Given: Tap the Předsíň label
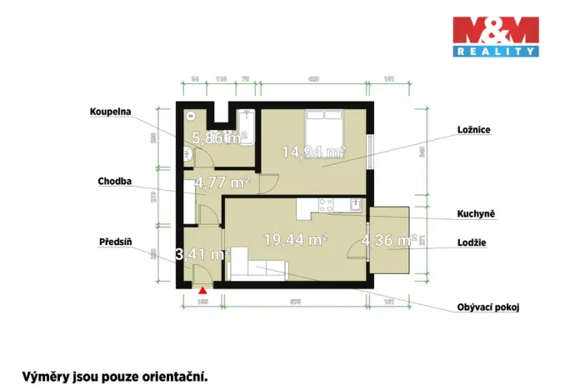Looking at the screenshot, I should tap(116, 242).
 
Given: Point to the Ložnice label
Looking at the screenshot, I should tap(472, 130).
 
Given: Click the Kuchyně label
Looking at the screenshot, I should tap(476, 213).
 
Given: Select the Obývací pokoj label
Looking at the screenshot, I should tap(488, 307).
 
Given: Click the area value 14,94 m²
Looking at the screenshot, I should tap(313, 151).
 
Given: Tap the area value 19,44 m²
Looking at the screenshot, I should tap(295, 239).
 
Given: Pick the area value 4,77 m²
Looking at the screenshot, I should tap(222, 181).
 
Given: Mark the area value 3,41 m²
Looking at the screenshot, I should tap(202, 253).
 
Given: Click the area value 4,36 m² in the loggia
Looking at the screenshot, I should tap(388, 240).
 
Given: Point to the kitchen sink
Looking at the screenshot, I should tap(355, 203).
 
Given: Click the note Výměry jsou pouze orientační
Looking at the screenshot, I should tap(115, 376).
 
